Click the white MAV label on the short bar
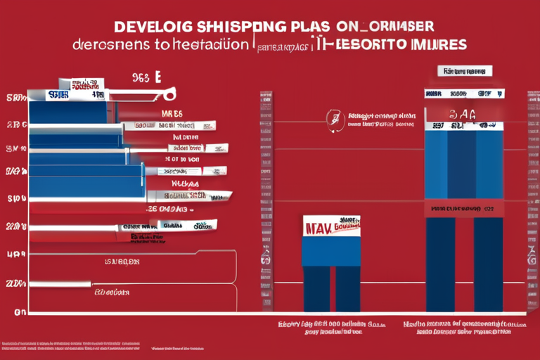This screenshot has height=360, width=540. pos(330,226)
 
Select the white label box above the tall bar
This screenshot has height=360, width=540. pos(465,72)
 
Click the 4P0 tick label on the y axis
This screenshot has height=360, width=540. pos(16,255)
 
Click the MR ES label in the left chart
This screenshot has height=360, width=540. pos(172,113)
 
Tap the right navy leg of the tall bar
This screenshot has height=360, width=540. pos(488,264)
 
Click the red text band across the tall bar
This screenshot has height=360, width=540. pos(464,209)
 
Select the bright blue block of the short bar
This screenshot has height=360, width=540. pos(330,250)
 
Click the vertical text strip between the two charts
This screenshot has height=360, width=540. pos(265,200)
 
